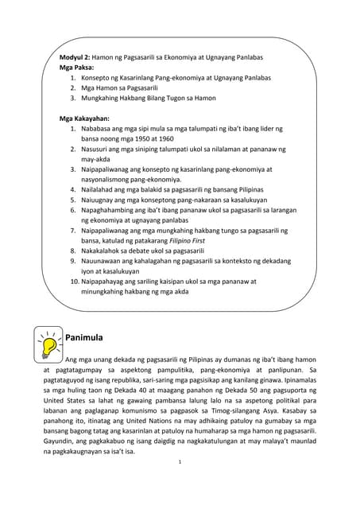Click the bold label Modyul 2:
[75, 58]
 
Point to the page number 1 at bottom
[180, 484]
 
